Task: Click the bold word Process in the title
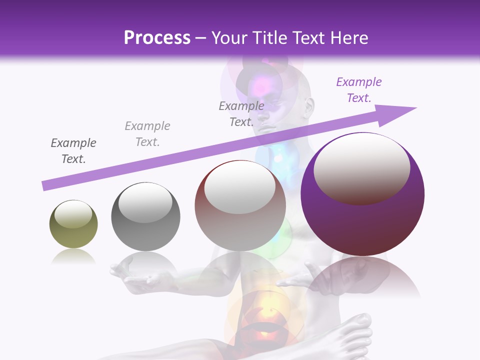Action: coord(157,37)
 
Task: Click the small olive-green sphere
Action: coord(73,224)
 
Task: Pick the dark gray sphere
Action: coord(145,216)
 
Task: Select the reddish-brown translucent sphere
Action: coord(240,206)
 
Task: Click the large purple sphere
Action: coord(362,194)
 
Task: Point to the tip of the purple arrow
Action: coord(415,108)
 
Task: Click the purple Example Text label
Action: coord(359,90)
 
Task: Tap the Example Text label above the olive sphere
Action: coord(73,151)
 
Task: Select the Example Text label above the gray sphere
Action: coord(147,134)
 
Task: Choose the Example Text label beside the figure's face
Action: coord(241,113)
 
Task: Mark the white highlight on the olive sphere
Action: coord(73,213)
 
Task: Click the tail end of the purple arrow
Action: coord(44,186)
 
